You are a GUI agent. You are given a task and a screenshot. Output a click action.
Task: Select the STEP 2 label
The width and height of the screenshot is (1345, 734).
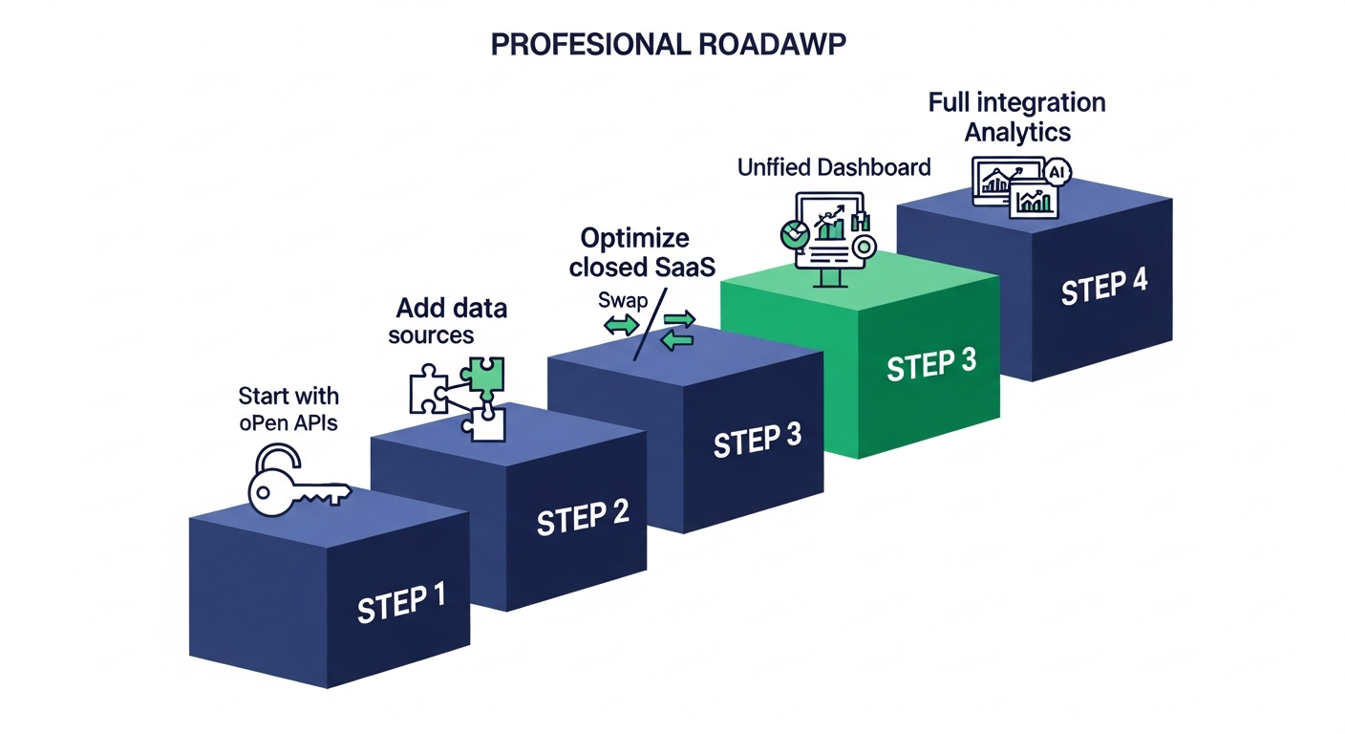583,517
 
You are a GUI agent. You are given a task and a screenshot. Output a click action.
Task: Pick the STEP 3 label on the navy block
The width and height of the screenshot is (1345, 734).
757,440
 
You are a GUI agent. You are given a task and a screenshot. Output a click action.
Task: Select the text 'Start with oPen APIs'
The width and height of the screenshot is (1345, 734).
288,409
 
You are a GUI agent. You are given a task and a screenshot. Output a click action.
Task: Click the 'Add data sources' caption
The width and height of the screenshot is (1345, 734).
444,321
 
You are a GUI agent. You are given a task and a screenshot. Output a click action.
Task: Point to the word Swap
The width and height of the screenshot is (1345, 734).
623,300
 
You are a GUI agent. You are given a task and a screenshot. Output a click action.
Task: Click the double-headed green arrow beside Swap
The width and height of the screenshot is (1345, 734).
622,325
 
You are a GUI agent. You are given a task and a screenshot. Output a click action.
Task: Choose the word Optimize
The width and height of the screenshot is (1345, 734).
634,239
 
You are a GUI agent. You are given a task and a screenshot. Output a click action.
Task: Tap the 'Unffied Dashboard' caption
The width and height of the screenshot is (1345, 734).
834,168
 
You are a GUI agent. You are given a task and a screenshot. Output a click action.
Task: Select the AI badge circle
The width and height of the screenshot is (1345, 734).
1056,172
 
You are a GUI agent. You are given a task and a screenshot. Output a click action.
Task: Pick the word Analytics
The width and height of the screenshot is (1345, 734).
1017,131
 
